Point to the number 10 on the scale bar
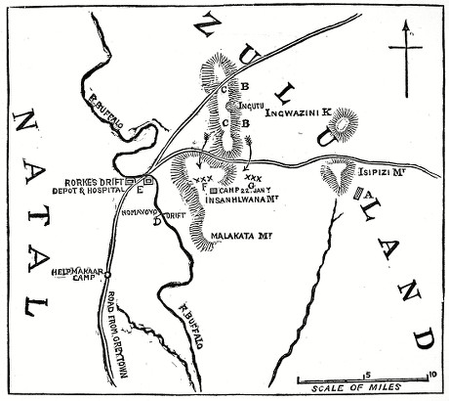coord(430,372)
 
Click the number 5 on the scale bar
coord(368,372)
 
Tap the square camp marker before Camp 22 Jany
coord(214,189)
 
